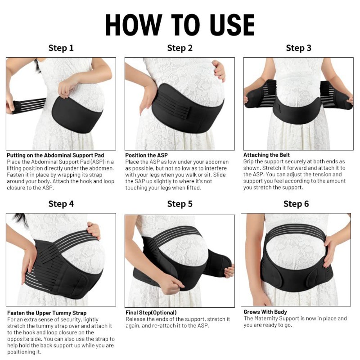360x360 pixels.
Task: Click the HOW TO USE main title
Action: click(180, 25)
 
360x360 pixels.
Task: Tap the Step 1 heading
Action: click(61, 48)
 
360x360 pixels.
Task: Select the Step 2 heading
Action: click(180, 48)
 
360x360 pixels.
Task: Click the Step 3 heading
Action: click(298, 48)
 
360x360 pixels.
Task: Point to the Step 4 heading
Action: click(61, 204)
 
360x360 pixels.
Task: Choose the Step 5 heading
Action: click(180, 204)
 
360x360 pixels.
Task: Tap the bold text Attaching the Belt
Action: click(266, 155)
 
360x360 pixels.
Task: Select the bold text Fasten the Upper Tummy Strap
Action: click(46, 312)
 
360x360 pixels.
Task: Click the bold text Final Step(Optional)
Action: click(151, 312)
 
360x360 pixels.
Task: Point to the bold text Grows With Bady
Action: click(265, 312)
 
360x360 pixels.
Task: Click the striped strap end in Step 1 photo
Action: click(27, 105)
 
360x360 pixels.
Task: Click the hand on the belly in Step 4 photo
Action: click(94, 230)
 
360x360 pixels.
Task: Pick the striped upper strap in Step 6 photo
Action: click(295, 229)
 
